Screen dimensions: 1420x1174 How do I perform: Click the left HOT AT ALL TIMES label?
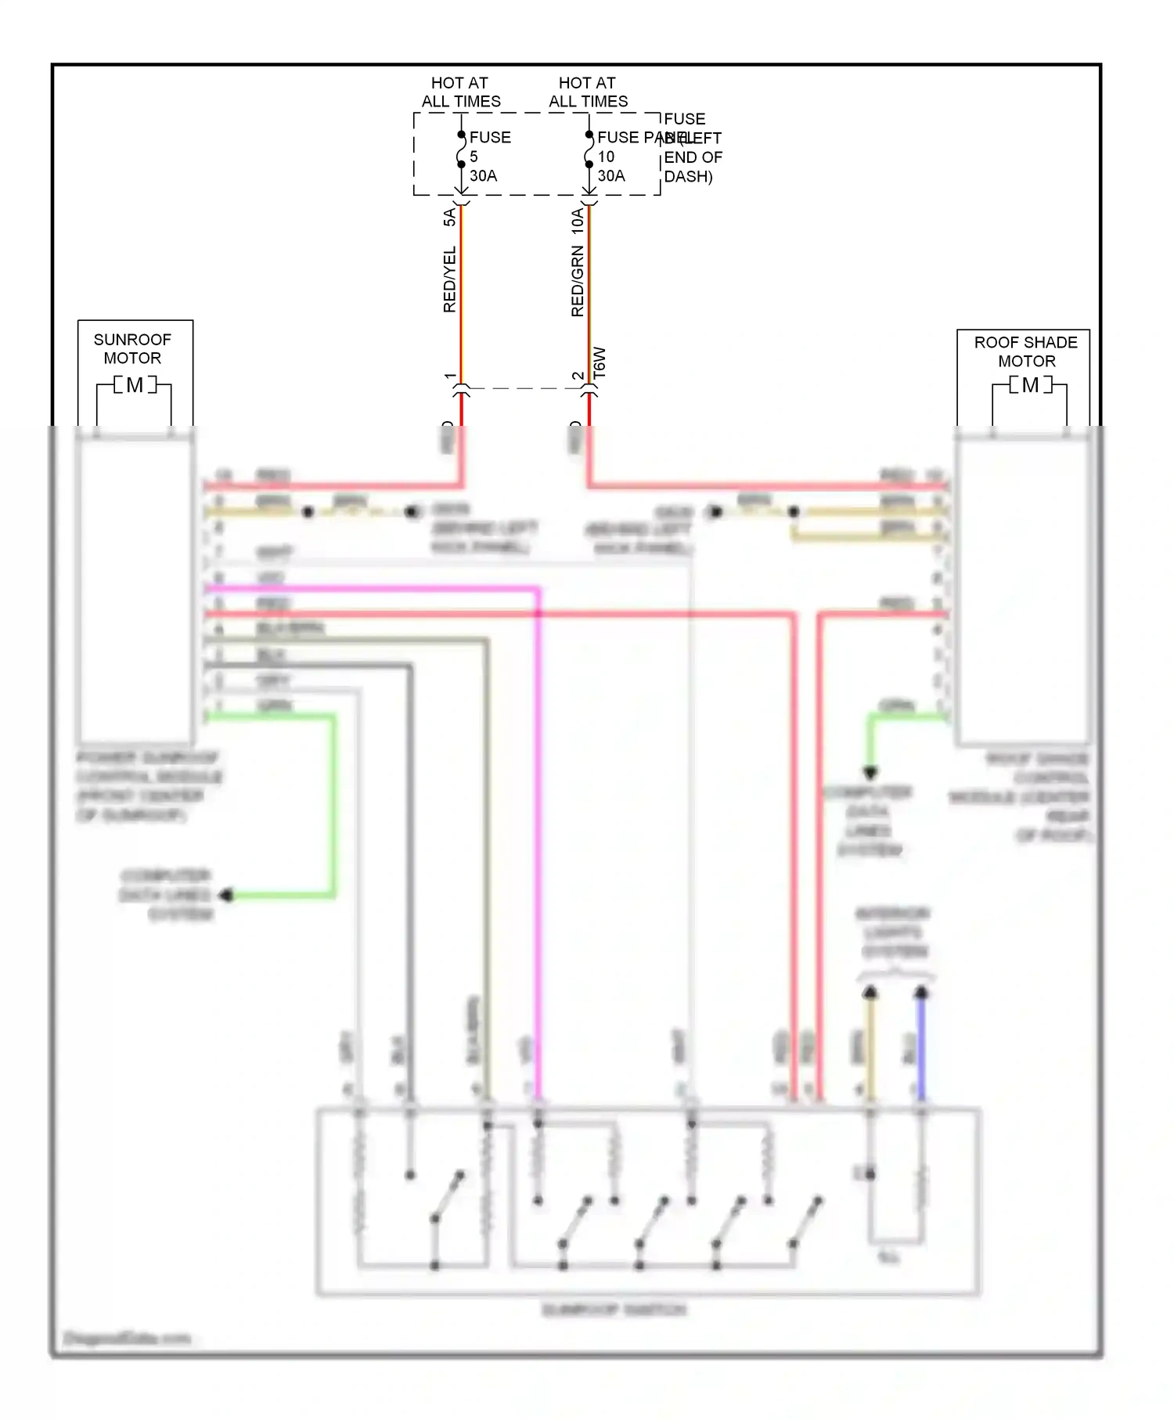(460, 92)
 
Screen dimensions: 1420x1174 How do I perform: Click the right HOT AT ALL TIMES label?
(588, 92)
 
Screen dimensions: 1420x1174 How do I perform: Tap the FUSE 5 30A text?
(489, 156)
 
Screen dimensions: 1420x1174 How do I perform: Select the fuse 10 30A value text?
(611, 166)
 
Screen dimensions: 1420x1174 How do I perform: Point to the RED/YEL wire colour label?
(449, 279)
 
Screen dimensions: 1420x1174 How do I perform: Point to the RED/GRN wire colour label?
(578, 280)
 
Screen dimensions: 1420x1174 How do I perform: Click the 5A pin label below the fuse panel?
(449, 217)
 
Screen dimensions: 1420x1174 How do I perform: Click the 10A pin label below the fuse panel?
(578, 220)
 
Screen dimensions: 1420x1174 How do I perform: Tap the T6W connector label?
(600, 363)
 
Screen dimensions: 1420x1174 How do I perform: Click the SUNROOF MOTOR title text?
(132, 348)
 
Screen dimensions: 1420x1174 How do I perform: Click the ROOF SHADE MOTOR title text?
(1026, 351)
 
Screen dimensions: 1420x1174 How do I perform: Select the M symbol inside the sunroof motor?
(135, 385)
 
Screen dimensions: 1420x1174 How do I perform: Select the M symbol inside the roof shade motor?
(1030, 385)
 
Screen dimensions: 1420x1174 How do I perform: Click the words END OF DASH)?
(693, 167)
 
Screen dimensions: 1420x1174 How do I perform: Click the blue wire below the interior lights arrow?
(921, 1049)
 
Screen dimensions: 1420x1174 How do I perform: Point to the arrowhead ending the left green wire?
(226, 895)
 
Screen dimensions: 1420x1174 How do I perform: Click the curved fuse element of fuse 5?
(460, 150)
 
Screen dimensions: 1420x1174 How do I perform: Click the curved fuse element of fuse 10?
(588, 150)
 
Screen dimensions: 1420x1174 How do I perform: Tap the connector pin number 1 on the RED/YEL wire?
(450, 377)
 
